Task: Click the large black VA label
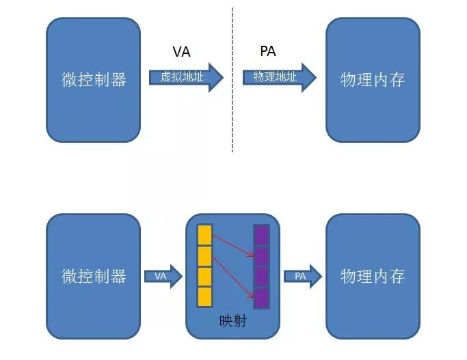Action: coord(181,51)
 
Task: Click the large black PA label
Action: coord(268,51)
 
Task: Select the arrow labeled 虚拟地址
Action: coord(186,77)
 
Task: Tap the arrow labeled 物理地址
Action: coord(280,77)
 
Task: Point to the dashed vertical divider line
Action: coord(232,80)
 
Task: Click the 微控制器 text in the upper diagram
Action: coord(94,80)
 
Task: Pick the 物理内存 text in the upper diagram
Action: coord(373,80)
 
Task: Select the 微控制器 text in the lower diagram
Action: coord(94,276)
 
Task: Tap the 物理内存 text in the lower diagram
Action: coord(373,276)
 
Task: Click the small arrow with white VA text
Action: coord(163,277)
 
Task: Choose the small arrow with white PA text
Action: coord(303,277)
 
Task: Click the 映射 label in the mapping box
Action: coord(233,321)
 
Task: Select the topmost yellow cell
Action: coord(204,235)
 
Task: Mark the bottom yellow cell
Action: coord(204,296)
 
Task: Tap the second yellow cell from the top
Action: coord(204,256)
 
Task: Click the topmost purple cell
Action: coord(261,235)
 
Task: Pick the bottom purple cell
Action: coord(261,299)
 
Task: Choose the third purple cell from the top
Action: coord(261,277)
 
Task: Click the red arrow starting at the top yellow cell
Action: coord(233,245)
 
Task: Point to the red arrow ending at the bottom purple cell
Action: coord(233,277)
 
